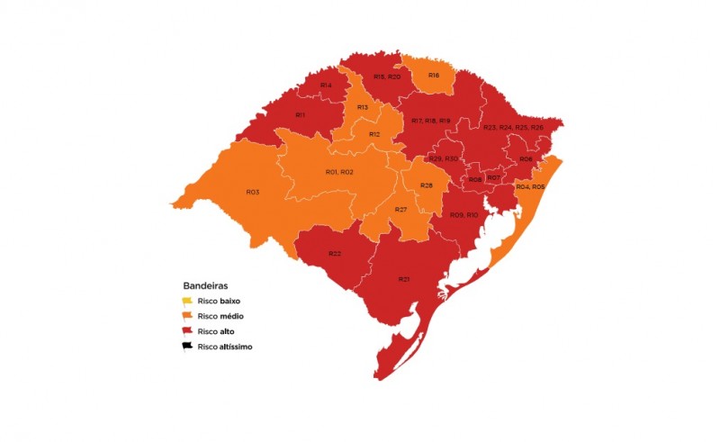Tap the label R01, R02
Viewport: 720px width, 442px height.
338,172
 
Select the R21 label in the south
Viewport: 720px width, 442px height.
404,279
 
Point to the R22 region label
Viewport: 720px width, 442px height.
334,253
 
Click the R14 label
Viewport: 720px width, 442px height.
325,85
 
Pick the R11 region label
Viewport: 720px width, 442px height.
301,115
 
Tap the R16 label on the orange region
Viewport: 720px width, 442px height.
434,75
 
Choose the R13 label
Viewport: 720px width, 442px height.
362,107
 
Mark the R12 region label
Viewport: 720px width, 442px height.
373,134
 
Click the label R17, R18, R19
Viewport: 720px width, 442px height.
430,120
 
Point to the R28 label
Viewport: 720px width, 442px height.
427,185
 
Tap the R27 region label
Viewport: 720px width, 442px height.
401,209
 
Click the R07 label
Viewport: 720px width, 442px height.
494,177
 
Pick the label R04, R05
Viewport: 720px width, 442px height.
530,185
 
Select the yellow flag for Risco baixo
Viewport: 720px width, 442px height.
187,301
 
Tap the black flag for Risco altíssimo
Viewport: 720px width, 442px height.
187,346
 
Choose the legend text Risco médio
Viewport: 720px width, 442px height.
221,316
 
